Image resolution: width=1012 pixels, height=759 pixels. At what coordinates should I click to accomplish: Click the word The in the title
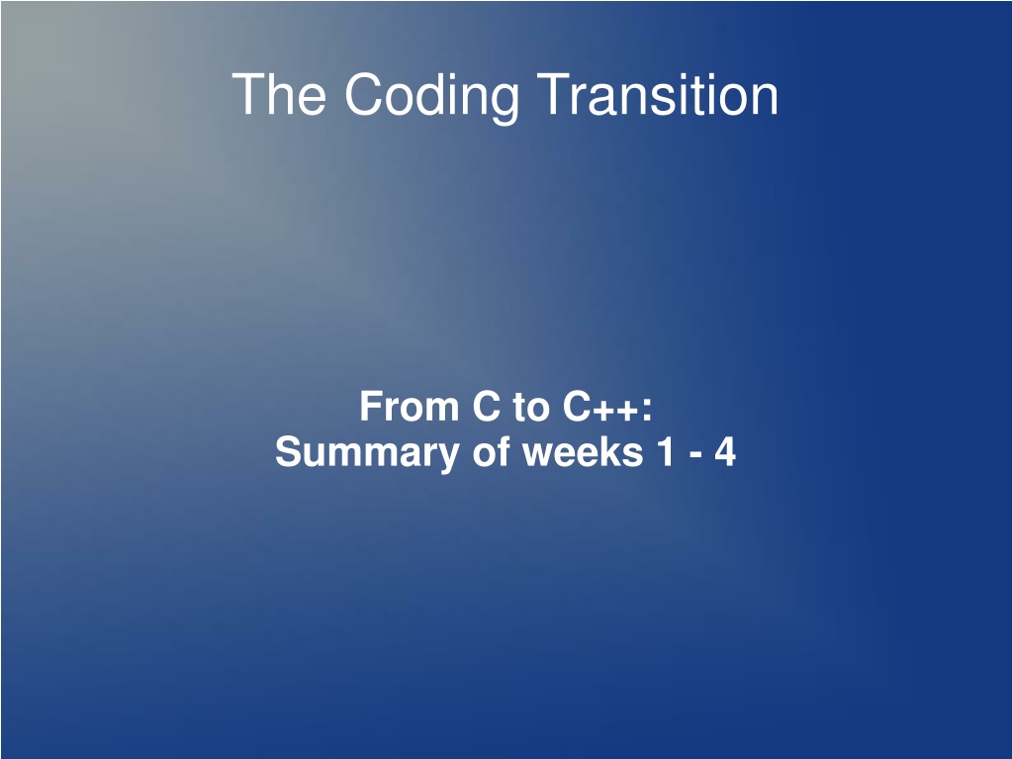pos(279,94)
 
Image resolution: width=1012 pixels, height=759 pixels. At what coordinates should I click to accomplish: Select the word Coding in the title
pos(431,97)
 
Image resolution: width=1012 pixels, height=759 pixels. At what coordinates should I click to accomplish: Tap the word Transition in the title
pos(657,94)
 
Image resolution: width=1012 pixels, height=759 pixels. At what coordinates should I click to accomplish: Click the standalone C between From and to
pos(487,407)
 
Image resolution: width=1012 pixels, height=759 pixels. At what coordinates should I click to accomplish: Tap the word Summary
pos(367,453)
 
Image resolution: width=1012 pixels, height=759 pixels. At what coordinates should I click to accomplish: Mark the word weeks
pos(583,451)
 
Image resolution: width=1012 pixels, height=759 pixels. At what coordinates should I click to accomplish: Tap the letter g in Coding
pos(505,103)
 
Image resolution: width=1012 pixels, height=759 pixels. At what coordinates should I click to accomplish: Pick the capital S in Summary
pos(289,451)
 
